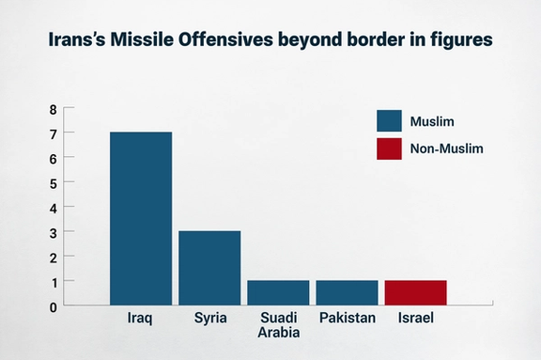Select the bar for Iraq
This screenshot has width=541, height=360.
click(x=141, y=218)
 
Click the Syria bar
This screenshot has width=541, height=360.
click(x=209, y=268)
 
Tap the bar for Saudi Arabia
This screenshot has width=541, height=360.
click(x=278, y=292)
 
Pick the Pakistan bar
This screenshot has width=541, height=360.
click(x=347, y=292)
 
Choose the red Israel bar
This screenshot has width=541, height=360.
click(x=415, y=292)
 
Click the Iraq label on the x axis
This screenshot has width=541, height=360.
click(x=141, y=318)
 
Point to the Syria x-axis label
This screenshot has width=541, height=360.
click(x=209, y=318)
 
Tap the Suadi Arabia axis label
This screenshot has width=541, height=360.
click(x=278, y=325)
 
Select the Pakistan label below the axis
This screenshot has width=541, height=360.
click(x=347, y=318)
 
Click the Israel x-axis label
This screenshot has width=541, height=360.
click(x=415, y=318)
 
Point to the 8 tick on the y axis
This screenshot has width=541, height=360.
click(x=54, y=109)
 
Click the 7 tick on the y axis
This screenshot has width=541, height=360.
click(x=54, y=133)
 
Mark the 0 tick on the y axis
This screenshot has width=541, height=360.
click(x=54, y=305)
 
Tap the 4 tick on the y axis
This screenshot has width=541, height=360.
click(x=54, y=207)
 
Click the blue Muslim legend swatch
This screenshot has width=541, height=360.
click(x=389, y=120)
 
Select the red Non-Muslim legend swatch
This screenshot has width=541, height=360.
click(x=389, y=148)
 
